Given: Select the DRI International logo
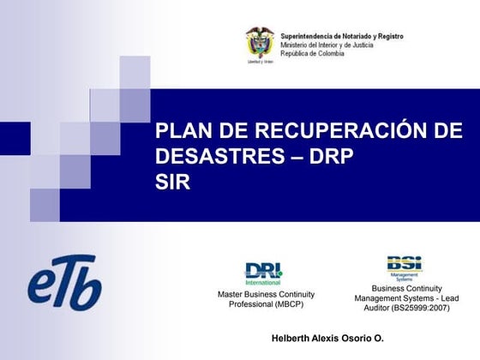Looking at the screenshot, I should [263, 273].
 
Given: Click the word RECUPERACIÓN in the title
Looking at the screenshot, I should [327, 131].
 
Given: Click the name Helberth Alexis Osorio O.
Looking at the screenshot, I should [327, 339].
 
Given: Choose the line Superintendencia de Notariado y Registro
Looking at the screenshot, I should [341, 36].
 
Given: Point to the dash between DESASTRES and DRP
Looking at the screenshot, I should [297, 157].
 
